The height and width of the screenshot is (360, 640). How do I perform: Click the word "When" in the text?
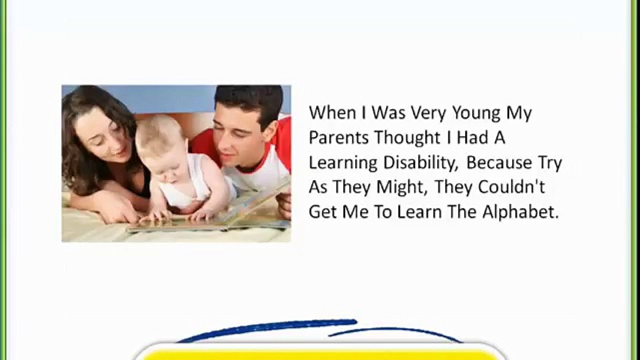coord(332,112)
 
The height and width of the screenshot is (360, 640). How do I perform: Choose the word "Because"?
coord(499,162)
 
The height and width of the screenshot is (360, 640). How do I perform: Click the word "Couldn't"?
coord(511,187)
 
